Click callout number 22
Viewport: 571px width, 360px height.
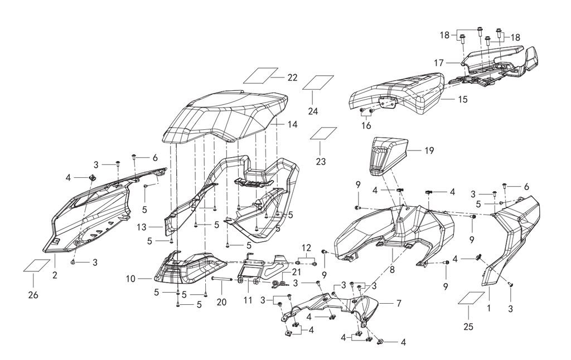[x=293, y=77]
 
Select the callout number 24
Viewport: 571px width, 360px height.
[x=313, y=111]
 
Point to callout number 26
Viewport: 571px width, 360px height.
[x=33, y=295]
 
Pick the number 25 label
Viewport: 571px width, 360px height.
[x=468, y=327]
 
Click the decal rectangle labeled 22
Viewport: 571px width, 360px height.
[x=260, y=76]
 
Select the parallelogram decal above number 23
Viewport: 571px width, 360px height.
[x=323, y=134]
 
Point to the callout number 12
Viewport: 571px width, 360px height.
[x=306, y=247]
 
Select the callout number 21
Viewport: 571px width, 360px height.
[x=296, y=271]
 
